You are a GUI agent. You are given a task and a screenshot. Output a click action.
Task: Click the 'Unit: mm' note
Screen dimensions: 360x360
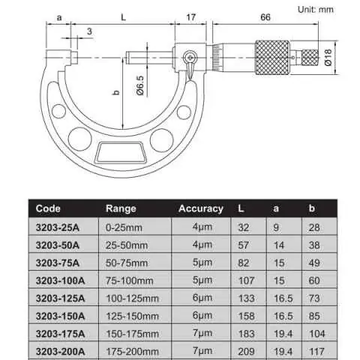[316, 10]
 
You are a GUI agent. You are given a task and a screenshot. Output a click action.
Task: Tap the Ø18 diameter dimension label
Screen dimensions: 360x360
[328, 57]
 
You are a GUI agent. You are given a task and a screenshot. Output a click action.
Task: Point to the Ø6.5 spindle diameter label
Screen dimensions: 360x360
[140, 85]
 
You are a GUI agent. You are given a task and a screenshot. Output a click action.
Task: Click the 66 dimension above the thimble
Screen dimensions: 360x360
[265, 17]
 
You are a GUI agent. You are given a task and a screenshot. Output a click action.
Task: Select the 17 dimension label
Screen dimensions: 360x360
[190, 17]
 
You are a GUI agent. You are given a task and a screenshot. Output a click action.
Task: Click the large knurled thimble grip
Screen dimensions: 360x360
[272, 58]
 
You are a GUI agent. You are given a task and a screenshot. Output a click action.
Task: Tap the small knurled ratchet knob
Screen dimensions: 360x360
[310, 58]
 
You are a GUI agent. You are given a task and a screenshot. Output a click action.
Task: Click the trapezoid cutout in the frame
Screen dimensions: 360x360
[121, 152]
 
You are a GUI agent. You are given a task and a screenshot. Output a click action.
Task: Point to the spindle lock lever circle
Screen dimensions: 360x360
[190, 58]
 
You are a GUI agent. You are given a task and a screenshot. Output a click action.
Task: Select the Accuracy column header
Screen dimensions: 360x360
[201, 208]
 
